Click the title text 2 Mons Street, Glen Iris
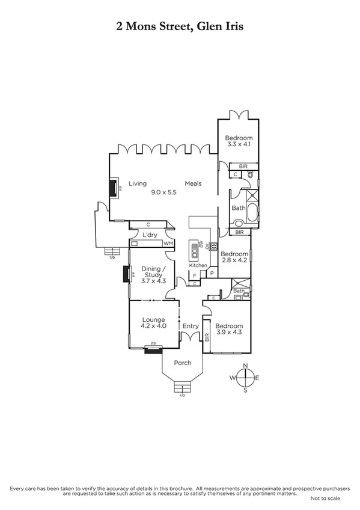(x=180, y=26)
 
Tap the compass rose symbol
(x=245, y=378)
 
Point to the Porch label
(x=182, y=363)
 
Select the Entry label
(x=191, y=326)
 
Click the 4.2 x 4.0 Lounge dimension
(x=154, y=325)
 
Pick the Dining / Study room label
(x=152, y=272)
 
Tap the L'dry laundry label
(x=150, y=235)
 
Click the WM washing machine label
(x=167, y=243)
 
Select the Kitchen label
(x=198, y=265)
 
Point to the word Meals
(x=193, y=184)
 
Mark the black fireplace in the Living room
(x=112, y=188)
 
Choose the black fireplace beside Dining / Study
(x=126, y=274)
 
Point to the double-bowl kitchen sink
(x=194, y=247)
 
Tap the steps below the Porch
(x=182, y=387)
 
